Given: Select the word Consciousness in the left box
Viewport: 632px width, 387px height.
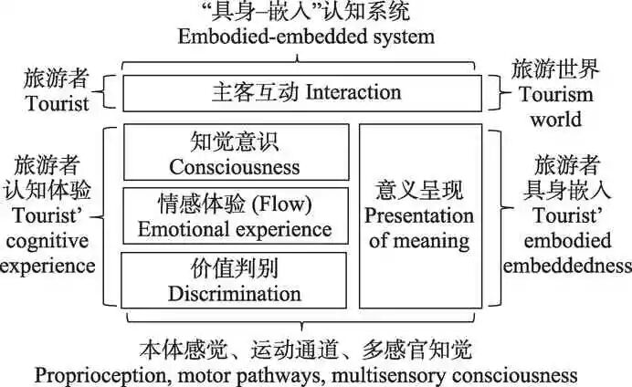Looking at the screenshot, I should (x=234, y=167).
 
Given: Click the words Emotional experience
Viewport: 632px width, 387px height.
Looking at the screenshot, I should (x=235, y=228).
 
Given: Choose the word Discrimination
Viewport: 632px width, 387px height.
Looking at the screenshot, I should (x=234, y=293).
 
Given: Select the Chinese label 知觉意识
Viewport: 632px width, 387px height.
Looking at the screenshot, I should (x=234, y=142).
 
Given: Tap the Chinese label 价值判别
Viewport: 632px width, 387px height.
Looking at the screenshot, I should (x=234, y=268).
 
